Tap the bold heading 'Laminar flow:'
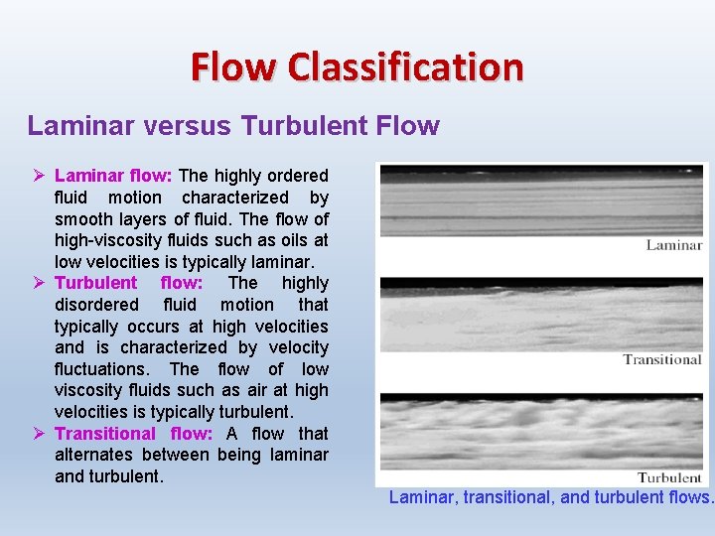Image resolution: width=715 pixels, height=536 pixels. click(113, 176)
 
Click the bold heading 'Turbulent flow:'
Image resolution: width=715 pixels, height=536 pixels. click(128, 283)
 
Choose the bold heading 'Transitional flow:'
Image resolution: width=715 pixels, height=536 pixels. click(133, 433)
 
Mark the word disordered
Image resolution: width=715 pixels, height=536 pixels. click(96, 305)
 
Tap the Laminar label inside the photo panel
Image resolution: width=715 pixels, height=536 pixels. click(674, 245)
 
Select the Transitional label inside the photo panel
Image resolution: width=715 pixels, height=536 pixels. click(662, 359)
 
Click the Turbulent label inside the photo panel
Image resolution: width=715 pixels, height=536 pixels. click(669, 477)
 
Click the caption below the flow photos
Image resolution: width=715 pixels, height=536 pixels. click(550, 497)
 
